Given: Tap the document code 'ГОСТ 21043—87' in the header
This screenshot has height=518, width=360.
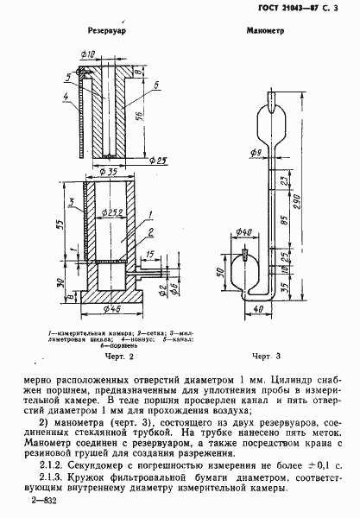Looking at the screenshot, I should tap(301, 7).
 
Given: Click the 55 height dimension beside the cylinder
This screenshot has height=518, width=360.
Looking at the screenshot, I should tap(61, 223).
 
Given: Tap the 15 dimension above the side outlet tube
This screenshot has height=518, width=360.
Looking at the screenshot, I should tap(152, 255).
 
